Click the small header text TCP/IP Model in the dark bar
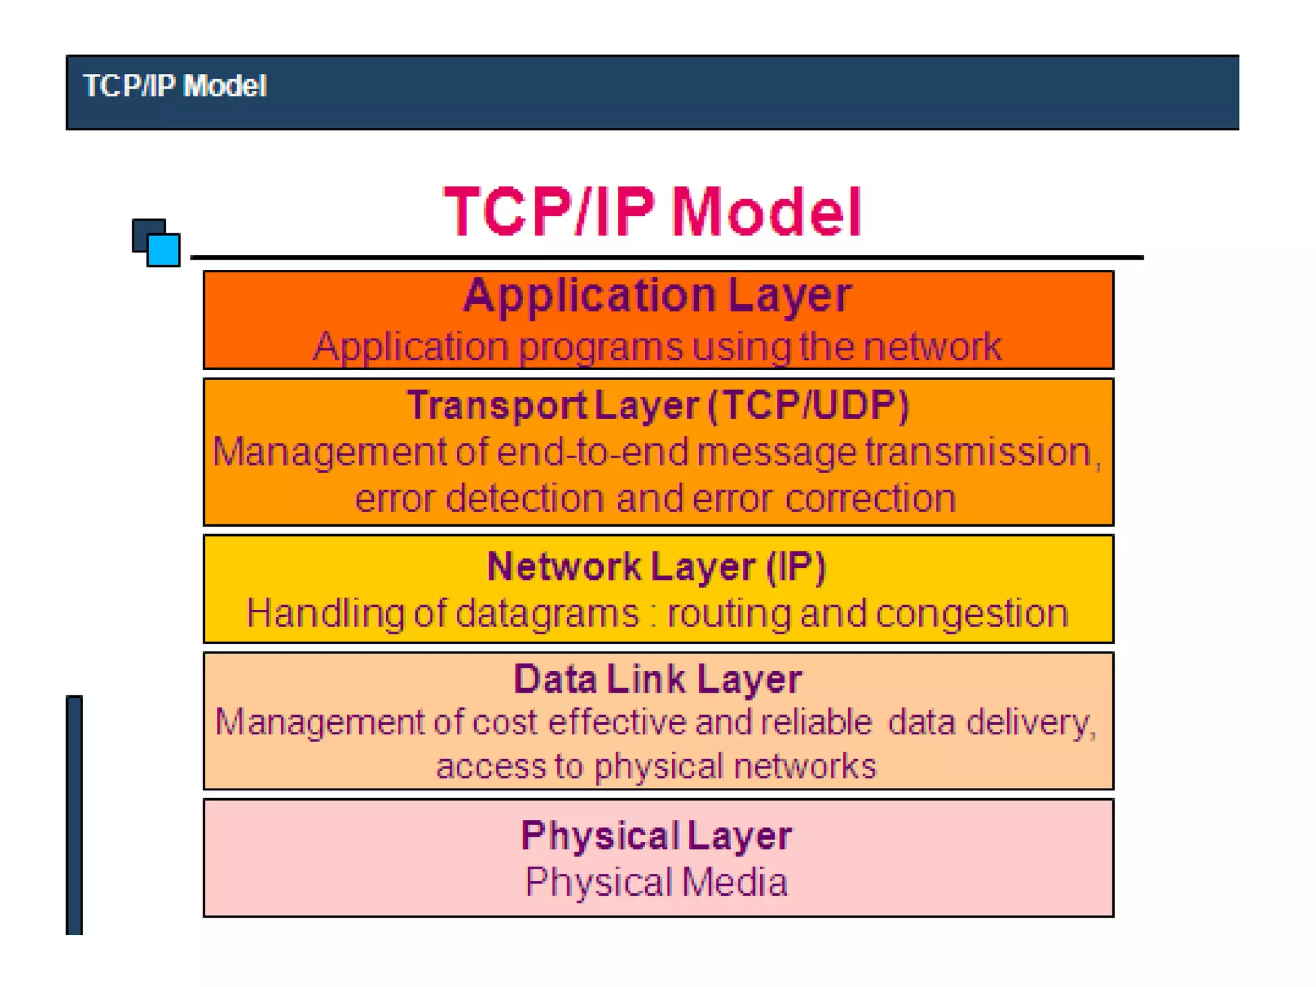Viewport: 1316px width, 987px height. (174, 85)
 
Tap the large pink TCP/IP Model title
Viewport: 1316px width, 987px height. (652, 211)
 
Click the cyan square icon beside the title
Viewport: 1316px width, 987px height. (164, 249)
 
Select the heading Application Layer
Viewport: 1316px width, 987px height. (657, 296)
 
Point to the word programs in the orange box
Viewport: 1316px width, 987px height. (600, 348)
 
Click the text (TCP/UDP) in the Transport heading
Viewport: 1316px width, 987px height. (808, 405)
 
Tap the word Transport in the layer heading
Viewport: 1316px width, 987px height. (497, 406)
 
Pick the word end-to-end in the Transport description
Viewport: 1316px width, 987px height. (592, 452)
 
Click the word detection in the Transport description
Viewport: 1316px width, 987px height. (525, 499)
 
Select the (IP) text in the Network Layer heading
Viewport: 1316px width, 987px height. (796, 567)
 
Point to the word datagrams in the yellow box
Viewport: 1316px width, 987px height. (547, 614)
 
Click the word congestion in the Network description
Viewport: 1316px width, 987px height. (972, 614)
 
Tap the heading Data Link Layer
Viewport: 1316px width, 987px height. (657, 679)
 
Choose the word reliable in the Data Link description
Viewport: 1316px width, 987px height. (816, 722)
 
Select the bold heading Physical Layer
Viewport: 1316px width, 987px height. (656, 836)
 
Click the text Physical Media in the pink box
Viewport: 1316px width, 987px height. (656, 882)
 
